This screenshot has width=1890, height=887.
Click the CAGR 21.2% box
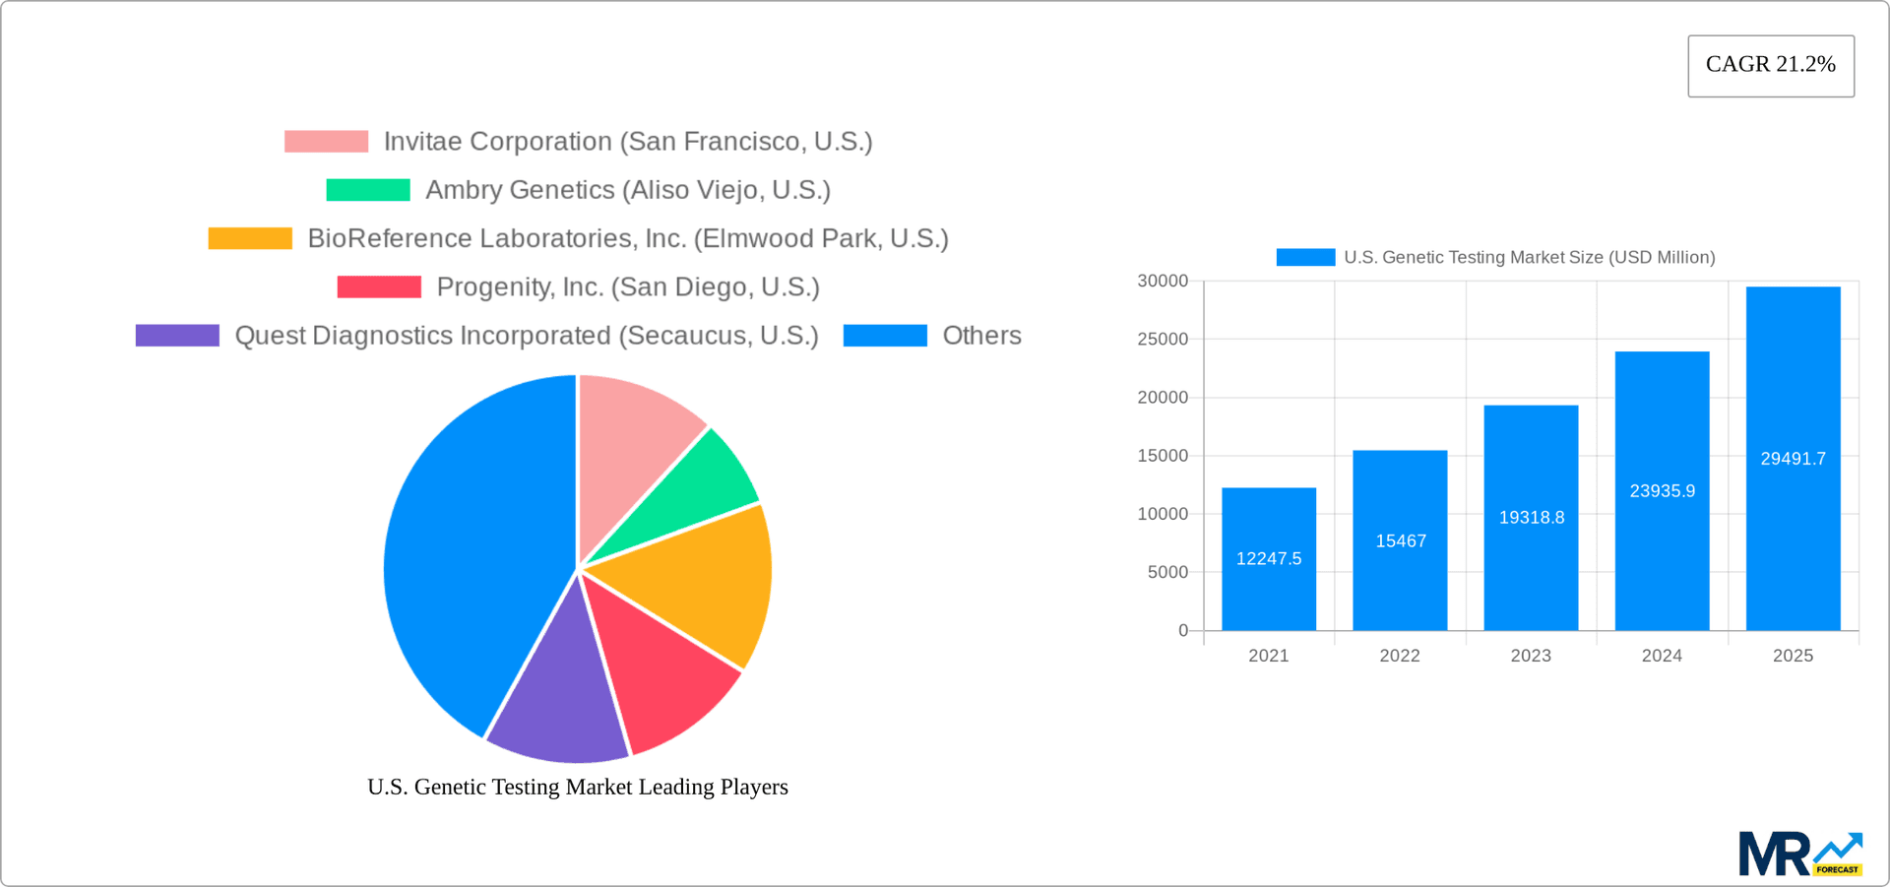tap(1770, 65)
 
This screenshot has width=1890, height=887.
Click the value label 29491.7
tap(1793, 459)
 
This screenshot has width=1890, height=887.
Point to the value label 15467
tap(1400, 541)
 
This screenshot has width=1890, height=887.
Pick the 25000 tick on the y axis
tap(1163, 340)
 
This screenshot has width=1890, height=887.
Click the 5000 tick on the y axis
tap(1167, 572)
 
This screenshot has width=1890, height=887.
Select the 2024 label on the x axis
tap(1662, 656)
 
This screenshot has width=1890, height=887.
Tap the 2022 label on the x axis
tap(1399, 656)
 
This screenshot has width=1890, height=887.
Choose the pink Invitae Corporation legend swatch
tap(326, 142)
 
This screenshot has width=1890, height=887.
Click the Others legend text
tap(981, 336)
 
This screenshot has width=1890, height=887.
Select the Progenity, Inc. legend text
tap(628, 287)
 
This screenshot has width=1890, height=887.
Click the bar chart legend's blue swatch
tap(1304, 257)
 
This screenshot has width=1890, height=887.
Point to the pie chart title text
tap(577, 787)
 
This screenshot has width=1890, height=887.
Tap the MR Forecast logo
tap(1799, 854)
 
